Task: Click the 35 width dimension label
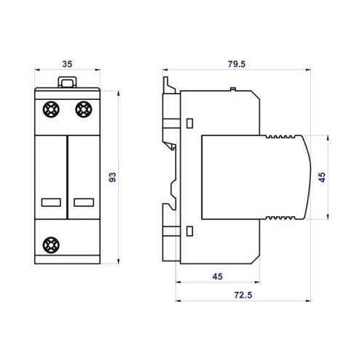pos(67,64)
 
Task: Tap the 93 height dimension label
pos(113,178)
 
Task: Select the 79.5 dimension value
pos(237,64)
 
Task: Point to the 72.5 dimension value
pos(243,295)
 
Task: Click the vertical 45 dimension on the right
pos(322,178)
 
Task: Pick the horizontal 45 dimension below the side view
pos(218,277)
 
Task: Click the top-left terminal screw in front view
pos(51,109)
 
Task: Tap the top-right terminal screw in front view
pos(84,109)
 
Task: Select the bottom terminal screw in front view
pos(51,245)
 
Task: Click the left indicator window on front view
pos(51,202)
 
